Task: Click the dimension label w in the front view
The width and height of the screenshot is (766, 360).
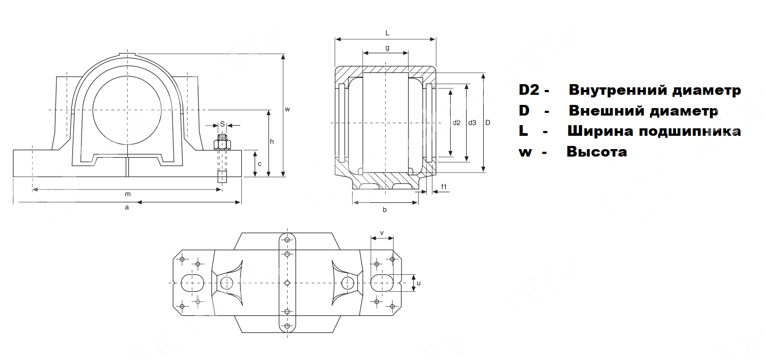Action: [287, 109]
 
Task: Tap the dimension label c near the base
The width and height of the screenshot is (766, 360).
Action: [259, 164]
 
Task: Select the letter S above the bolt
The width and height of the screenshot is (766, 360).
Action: [222, 124]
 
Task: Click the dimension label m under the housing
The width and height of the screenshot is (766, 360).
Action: [128, 194]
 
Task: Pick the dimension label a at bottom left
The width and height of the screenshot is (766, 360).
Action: [127, 208]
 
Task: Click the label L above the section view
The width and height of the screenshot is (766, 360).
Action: [387, 33]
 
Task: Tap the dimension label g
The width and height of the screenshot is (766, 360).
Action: [387, 48]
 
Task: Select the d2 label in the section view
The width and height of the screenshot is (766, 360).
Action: [457, 123]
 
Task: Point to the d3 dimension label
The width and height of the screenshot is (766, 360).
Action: [472, 123]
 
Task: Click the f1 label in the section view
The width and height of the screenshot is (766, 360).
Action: [444, 186]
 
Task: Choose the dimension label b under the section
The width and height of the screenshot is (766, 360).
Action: [385, 210]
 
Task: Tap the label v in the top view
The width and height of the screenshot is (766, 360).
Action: [382, 233]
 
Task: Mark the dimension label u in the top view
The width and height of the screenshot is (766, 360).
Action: [418, 283]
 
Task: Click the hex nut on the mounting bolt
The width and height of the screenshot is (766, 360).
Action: [222, 144]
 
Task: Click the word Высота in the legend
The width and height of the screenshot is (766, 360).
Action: [597, 152]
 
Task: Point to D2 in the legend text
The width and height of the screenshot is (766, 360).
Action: [529, 90]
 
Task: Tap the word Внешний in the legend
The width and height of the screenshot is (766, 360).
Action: [607, 111]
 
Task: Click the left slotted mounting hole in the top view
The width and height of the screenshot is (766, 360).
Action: [192, 282]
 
